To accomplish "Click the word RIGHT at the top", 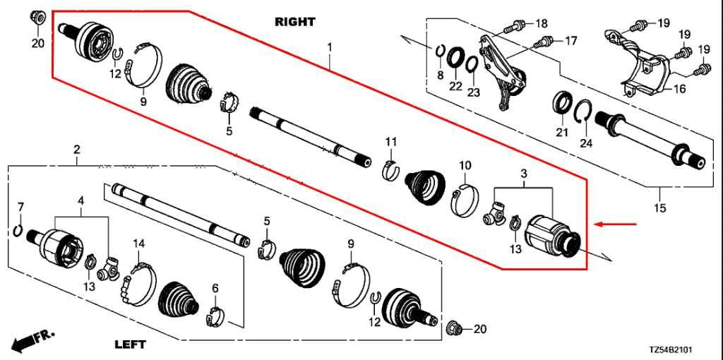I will pyautogui.click(x=294, y=22).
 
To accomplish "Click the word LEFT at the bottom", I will pyautogui.click(x=130, y=344).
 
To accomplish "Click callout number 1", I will pyautogui.click(x=329, y=47).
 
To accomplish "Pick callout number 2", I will pyautogui.click(x=76, y=149).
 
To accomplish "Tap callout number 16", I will pyautogui.click(x=679, y=89).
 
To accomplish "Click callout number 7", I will pyautogui.click(x=20, y=206).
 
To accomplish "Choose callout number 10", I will pyautogui.click(x=465, y=165).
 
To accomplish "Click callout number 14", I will pyautogui.click(x=139, y=244).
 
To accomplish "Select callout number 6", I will pyautogui.click(x=215, y=288).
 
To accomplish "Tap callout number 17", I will pyautogui.click(x=570, y=41).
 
